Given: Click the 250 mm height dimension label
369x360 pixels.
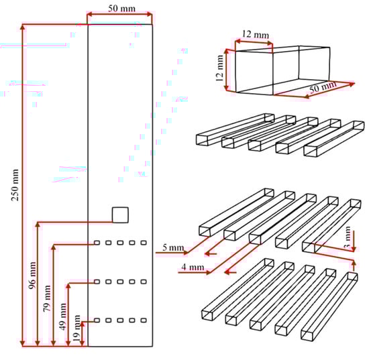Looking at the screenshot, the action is click(15, 185).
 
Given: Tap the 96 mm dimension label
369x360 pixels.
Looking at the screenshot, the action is click(32, 275).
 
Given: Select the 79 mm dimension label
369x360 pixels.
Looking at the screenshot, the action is click(47, 298).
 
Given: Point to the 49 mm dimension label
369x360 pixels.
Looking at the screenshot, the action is click(63, 316).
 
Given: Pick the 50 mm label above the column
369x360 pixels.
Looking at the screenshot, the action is click(121, 9).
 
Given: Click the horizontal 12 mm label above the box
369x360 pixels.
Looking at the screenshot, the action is click(256, 35).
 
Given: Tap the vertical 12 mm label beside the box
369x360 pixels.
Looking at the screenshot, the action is click(219, 68).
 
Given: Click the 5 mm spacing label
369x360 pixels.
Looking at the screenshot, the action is click(173, 247).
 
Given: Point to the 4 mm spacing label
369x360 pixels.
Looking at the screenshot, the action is click(193, 267).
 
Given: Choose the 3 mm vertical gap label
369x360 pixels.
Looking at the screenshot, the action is click(348, 237).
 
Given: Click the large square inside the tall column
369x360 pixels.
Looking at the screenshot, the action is click(120, 215).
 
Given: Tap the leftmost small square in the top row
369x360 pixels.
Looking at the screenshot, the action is click(97, 243).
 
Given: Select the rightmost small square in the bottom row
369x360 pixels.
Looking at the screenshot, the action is click(144, 320).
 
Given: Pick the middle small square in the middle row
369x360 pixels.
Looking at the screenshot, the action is click(120, 282).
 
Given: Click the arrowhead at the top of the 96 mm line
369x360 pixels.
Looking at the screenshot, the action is click(38, 225).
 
